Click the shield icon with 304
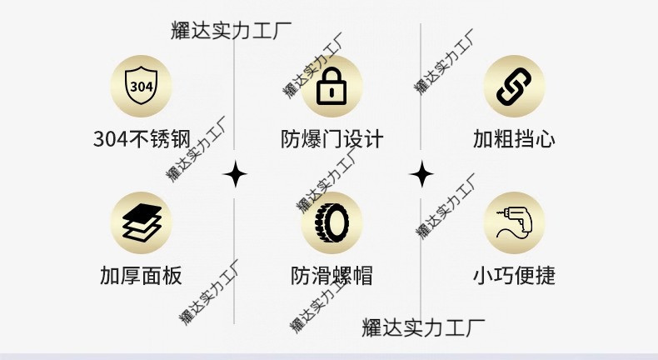pyautogui.click(x=142, y=87)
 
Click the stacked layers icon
pyautogui.click(x=142, y=222)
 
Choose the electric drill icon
pyautogui.click(x=515, y=222)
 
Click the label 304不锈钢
pyautogui.click(x=142, y=138)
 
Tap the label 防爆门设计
pyautogui.click(x=331, y=138)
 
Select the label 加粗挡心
pyautogui.click(x=514, y=138)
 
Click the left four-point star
pyautogui.click(x=236, y=175)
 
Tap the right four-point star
pyautogui.click(x=422, y=175)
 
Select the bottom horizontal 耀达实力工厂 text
pyautogui.click(x=423, y=327)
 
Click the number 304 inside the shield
pyautogui.click(x=142, y=86)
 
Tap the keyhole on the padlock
pyautogui.click(x=332, y=93)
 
